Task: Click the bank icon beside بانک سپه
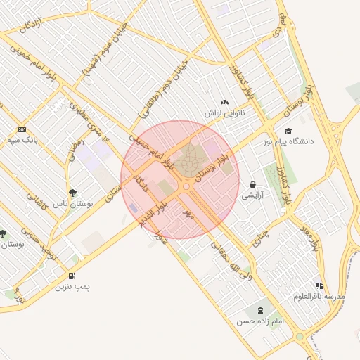coord(22,129)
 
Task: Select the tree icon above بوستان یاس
coord(72,192)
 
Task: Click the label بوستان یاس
coord(73,203)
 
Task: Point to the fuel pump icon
coord(72,275)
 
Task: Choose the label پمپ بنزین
coord(74,287)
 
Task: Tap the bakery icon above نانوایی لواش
coord(224,103)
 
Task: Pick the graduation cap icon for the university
coord(288,131)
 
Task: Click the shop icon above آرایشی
coord(252,185)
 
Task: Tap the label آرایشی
coord(252,195)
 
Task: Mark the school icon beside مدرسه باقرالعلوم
coord(319,285)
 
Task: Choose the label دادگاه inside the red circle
coord(144,185)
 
